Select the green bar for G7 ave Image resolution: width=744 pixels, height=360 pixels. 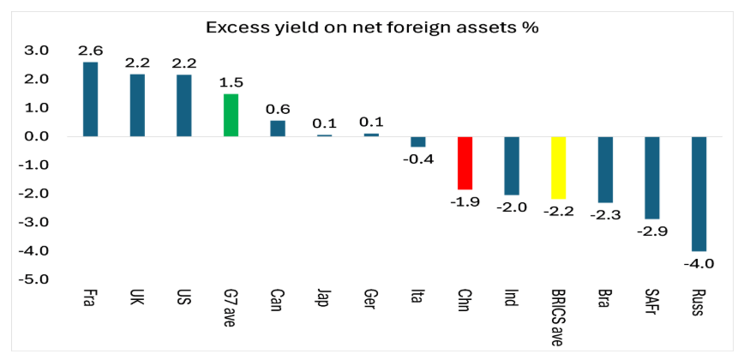pyautogui.click(x=231, y=115)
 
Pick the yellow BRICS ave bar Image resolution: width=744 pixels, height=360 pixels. pyautogui.click(x=559, y=167)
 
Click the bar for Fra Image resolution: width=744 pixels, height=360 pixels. pyautogui.click(x=90, y=99)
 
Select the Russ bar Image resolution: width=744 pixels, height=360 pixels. pyautogui.click(x=699, y=193)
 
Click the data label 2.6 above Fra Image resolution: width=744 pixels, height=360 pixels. pyautogui.click(x=89, y=51)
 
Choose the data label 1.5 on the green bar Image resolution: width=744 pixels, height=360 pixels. pyautogui.click(x=230, y=83)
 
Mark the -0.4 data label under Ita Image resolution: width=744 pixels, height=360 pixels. pyautogui.click(x=418, y=159)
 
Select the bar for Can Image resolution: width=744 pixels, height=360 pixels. pyautogui.click(x=278, y=128)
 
